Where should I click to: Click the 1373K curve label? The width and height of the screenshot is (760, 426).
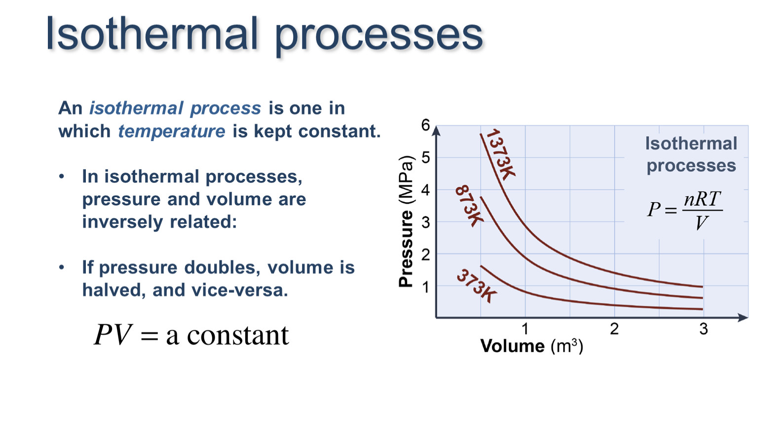[501, 154]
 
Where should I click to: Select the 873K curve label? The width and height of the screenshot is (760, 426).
[469, 206]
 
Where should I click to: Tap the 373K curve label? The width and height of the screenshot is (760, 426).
[477, 286]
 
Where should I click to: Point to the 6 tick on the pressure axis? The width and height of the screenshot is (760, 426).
[425, 125]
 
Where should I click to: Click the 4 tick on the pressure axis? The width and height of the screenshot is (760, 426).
[425, 190]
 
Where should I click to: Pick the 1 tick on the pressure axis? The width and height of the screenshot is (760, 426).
[425, 287]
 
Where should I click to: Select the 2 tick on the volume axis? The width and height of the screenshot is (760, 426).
[614, 329]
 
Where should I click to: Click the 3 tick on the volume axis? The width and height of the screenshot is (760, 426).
[704, 329]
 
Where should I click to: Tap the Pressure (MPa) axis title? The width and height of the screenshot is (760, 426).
[406, 222]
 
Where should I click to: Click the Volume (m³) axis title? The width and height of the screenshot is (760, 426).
[532, 346]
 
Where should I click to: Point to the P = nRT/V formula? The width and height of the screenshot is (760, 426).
[684, 210]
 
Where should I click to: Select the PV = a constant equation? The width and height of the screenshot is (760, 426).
[191, 335]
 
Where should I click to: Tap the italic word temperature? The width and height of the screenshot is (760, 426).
[172, 131]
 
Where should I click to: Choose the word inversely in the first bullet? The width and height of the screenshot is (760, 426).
[122, 222]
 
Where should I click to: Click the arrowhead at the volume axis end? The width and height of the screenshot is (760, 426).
[743, 318]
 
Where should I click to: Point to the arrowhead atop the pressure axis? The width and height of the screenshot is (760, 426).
[437, 131]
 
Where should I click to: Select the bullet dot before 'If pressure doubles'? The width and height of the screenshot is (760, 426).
[61, 267]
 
